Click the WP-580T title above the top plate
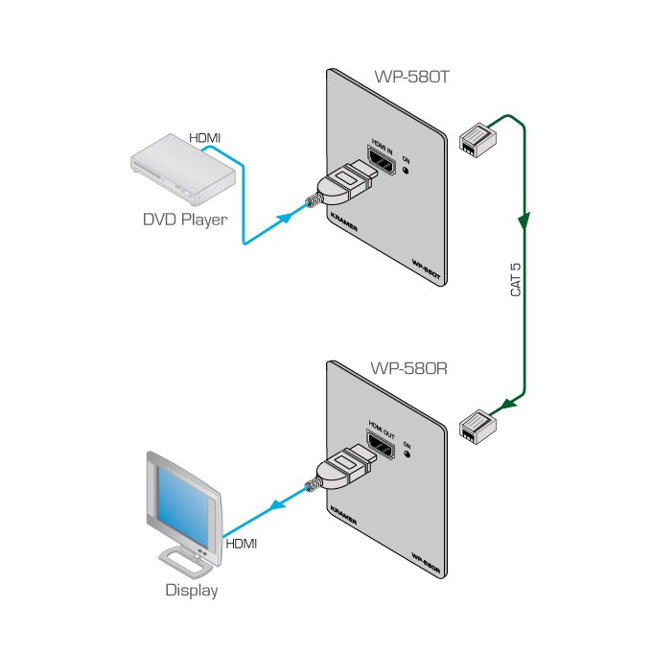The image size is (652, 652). coord(410,81)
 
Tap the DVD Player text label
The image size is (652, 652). coord(184,220)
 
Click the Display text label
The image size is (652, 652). coord(191,591)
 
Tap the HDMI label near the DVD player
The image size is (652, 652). coord(204,138)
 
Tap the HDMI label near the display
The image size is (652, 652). coord(241,544)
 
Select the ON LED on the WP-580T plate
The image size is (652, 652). coord(407,173)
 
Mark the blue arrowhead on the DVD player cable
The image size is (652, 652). coord(285,218)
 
